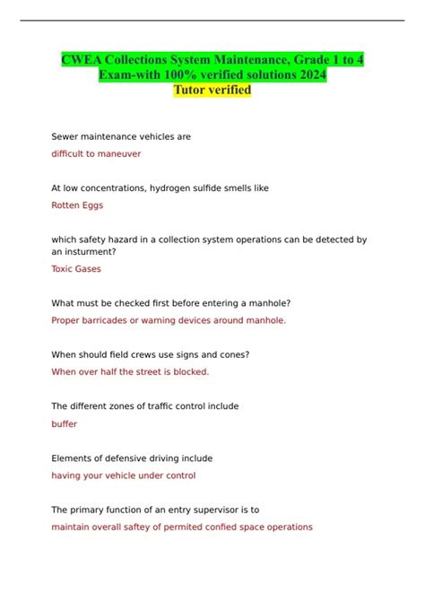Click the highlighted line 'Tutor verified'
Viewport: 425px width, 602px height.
coord(212,90)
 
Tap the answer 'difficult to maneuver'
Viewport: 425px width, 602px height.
coord(96,153)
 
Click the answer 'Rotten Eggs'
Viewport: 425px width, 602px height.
coord(77,205)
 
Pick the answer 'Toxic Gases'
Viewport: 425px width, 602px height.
coord(76,268)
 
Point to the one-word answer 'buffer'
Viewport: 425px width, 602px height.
coord(65,423)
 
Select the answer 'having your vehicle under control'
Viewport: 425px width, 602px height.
coord(123,475)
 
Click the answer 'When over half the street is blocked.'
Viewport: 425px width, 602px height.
coord(130,371)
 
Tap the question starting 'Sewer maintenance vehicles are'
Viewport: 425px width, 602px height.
coord(121,136)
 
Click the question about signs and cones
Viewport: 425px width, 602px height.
coord(151,354)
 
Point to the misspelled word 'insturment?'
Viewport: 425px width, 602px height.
coord(91,252)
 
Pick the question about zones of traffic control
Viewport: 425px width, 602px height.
coord(145,406)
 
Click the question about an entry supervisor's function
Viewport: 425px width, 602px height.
coord(149,509)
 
